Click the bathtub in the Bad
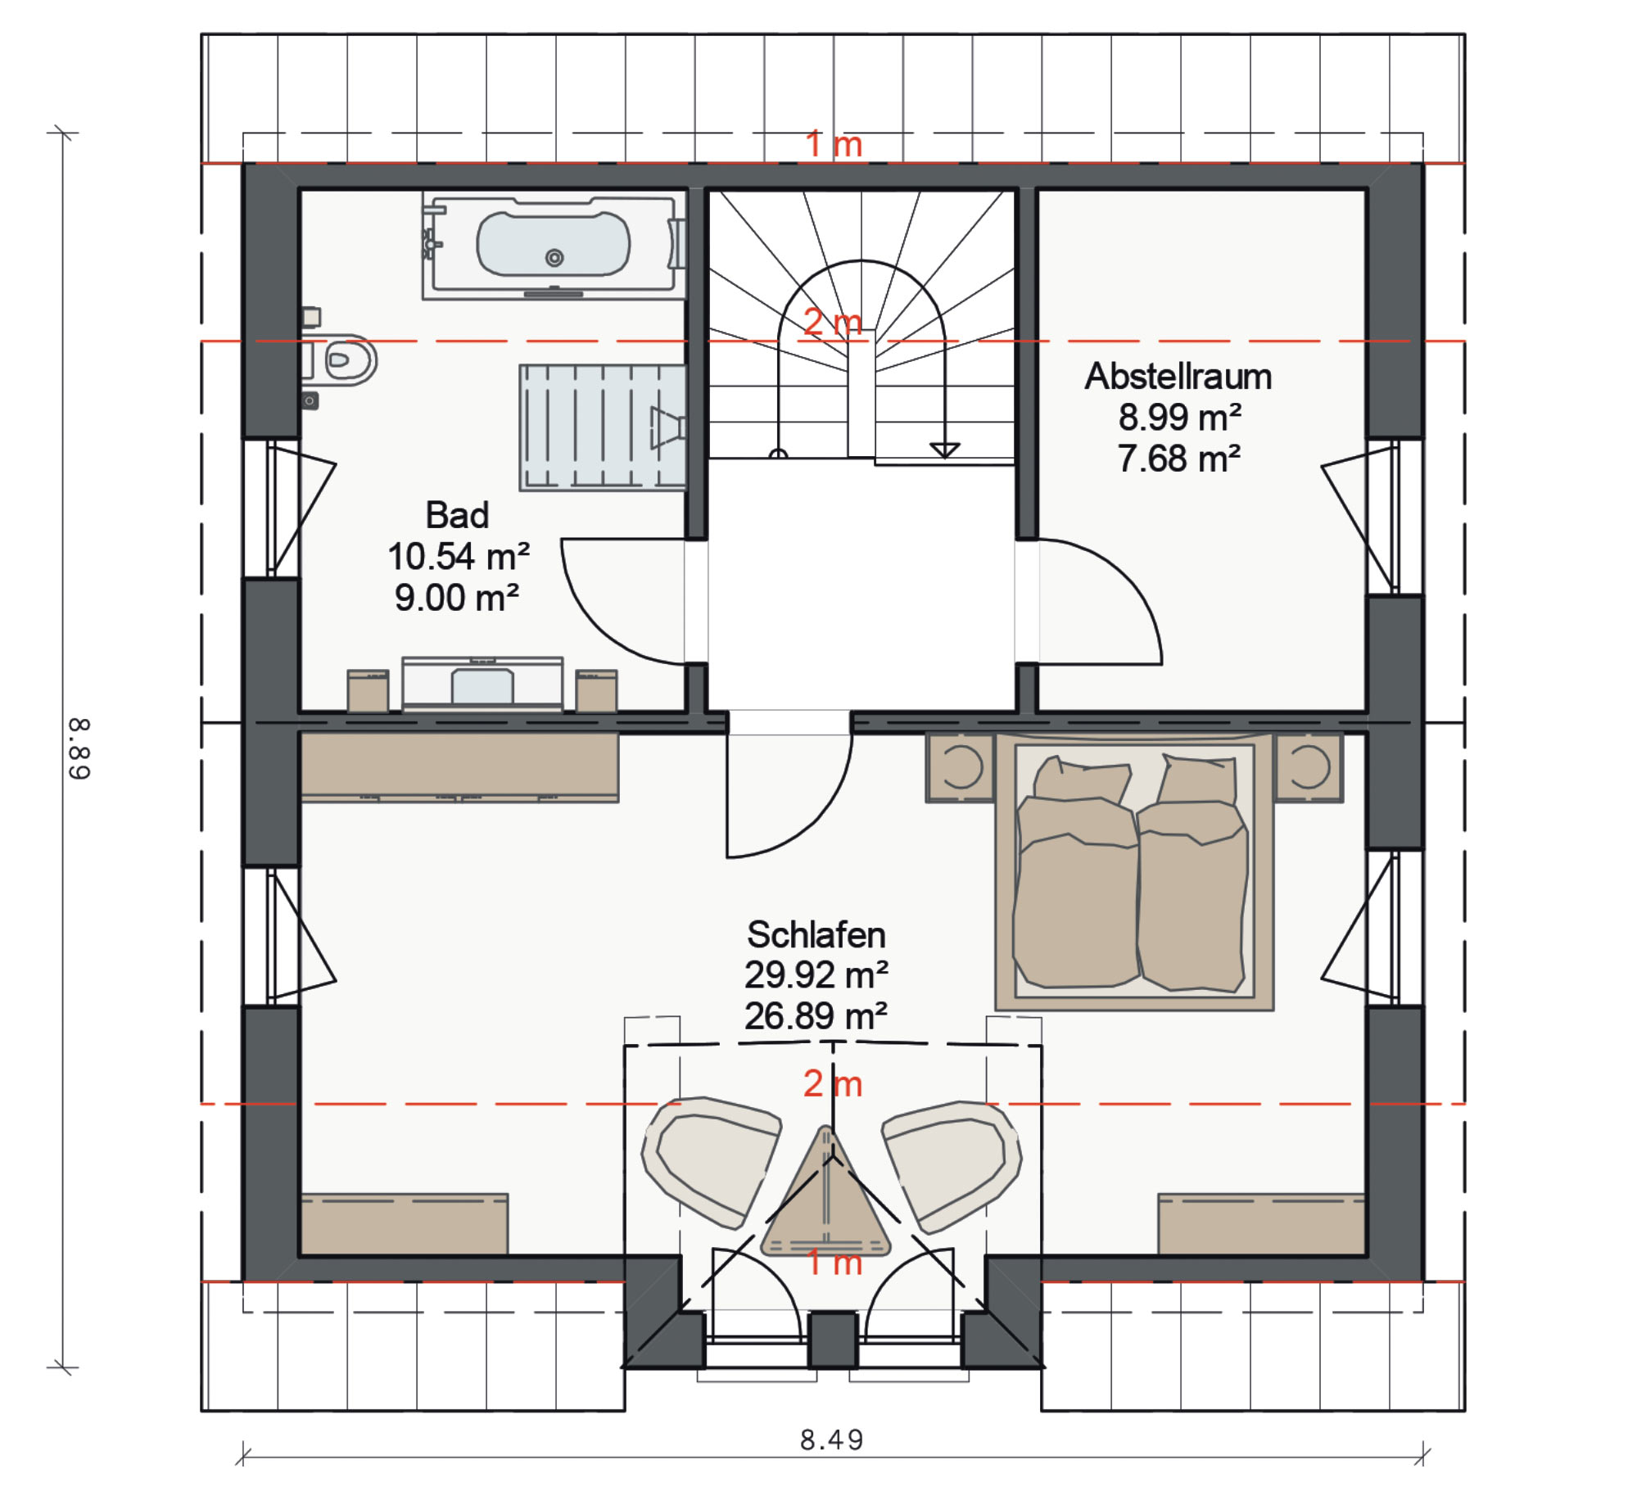pyautogui.click(x=554, y=245)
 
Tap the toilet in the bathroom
pyautogui.click(x=344, y=359)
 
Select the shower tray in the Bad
pyautogui.click(x=603, y=427)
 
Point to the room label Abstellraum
pyautogui.click(x=1178, y=377)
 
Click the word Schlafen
pyautogui.click(x=816, y=934)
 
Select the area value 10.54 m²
pyautogui.click(x=459, y=557)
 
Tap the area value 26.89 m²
pyautogui.click(x=816, y=1016)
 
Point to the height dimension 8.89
pyautogui.click(x=79, y=748)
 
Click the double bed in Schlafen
pyautogui.click(x=1134, y=871)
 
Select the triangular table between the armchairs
pyautogui.click(x=825, y=1196)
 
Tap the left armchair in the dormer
pyautogui.click(x=711, y=1162)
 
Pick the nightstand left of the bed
pyautogui.click(x=960, y=767)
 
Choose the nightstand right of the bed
pyautogui.click(x=1309, y=767)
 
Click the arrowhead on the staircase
pyautogui.click(x=945, y=450)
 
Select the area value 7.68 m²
pyautogui.click(x=1179, y=459)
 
